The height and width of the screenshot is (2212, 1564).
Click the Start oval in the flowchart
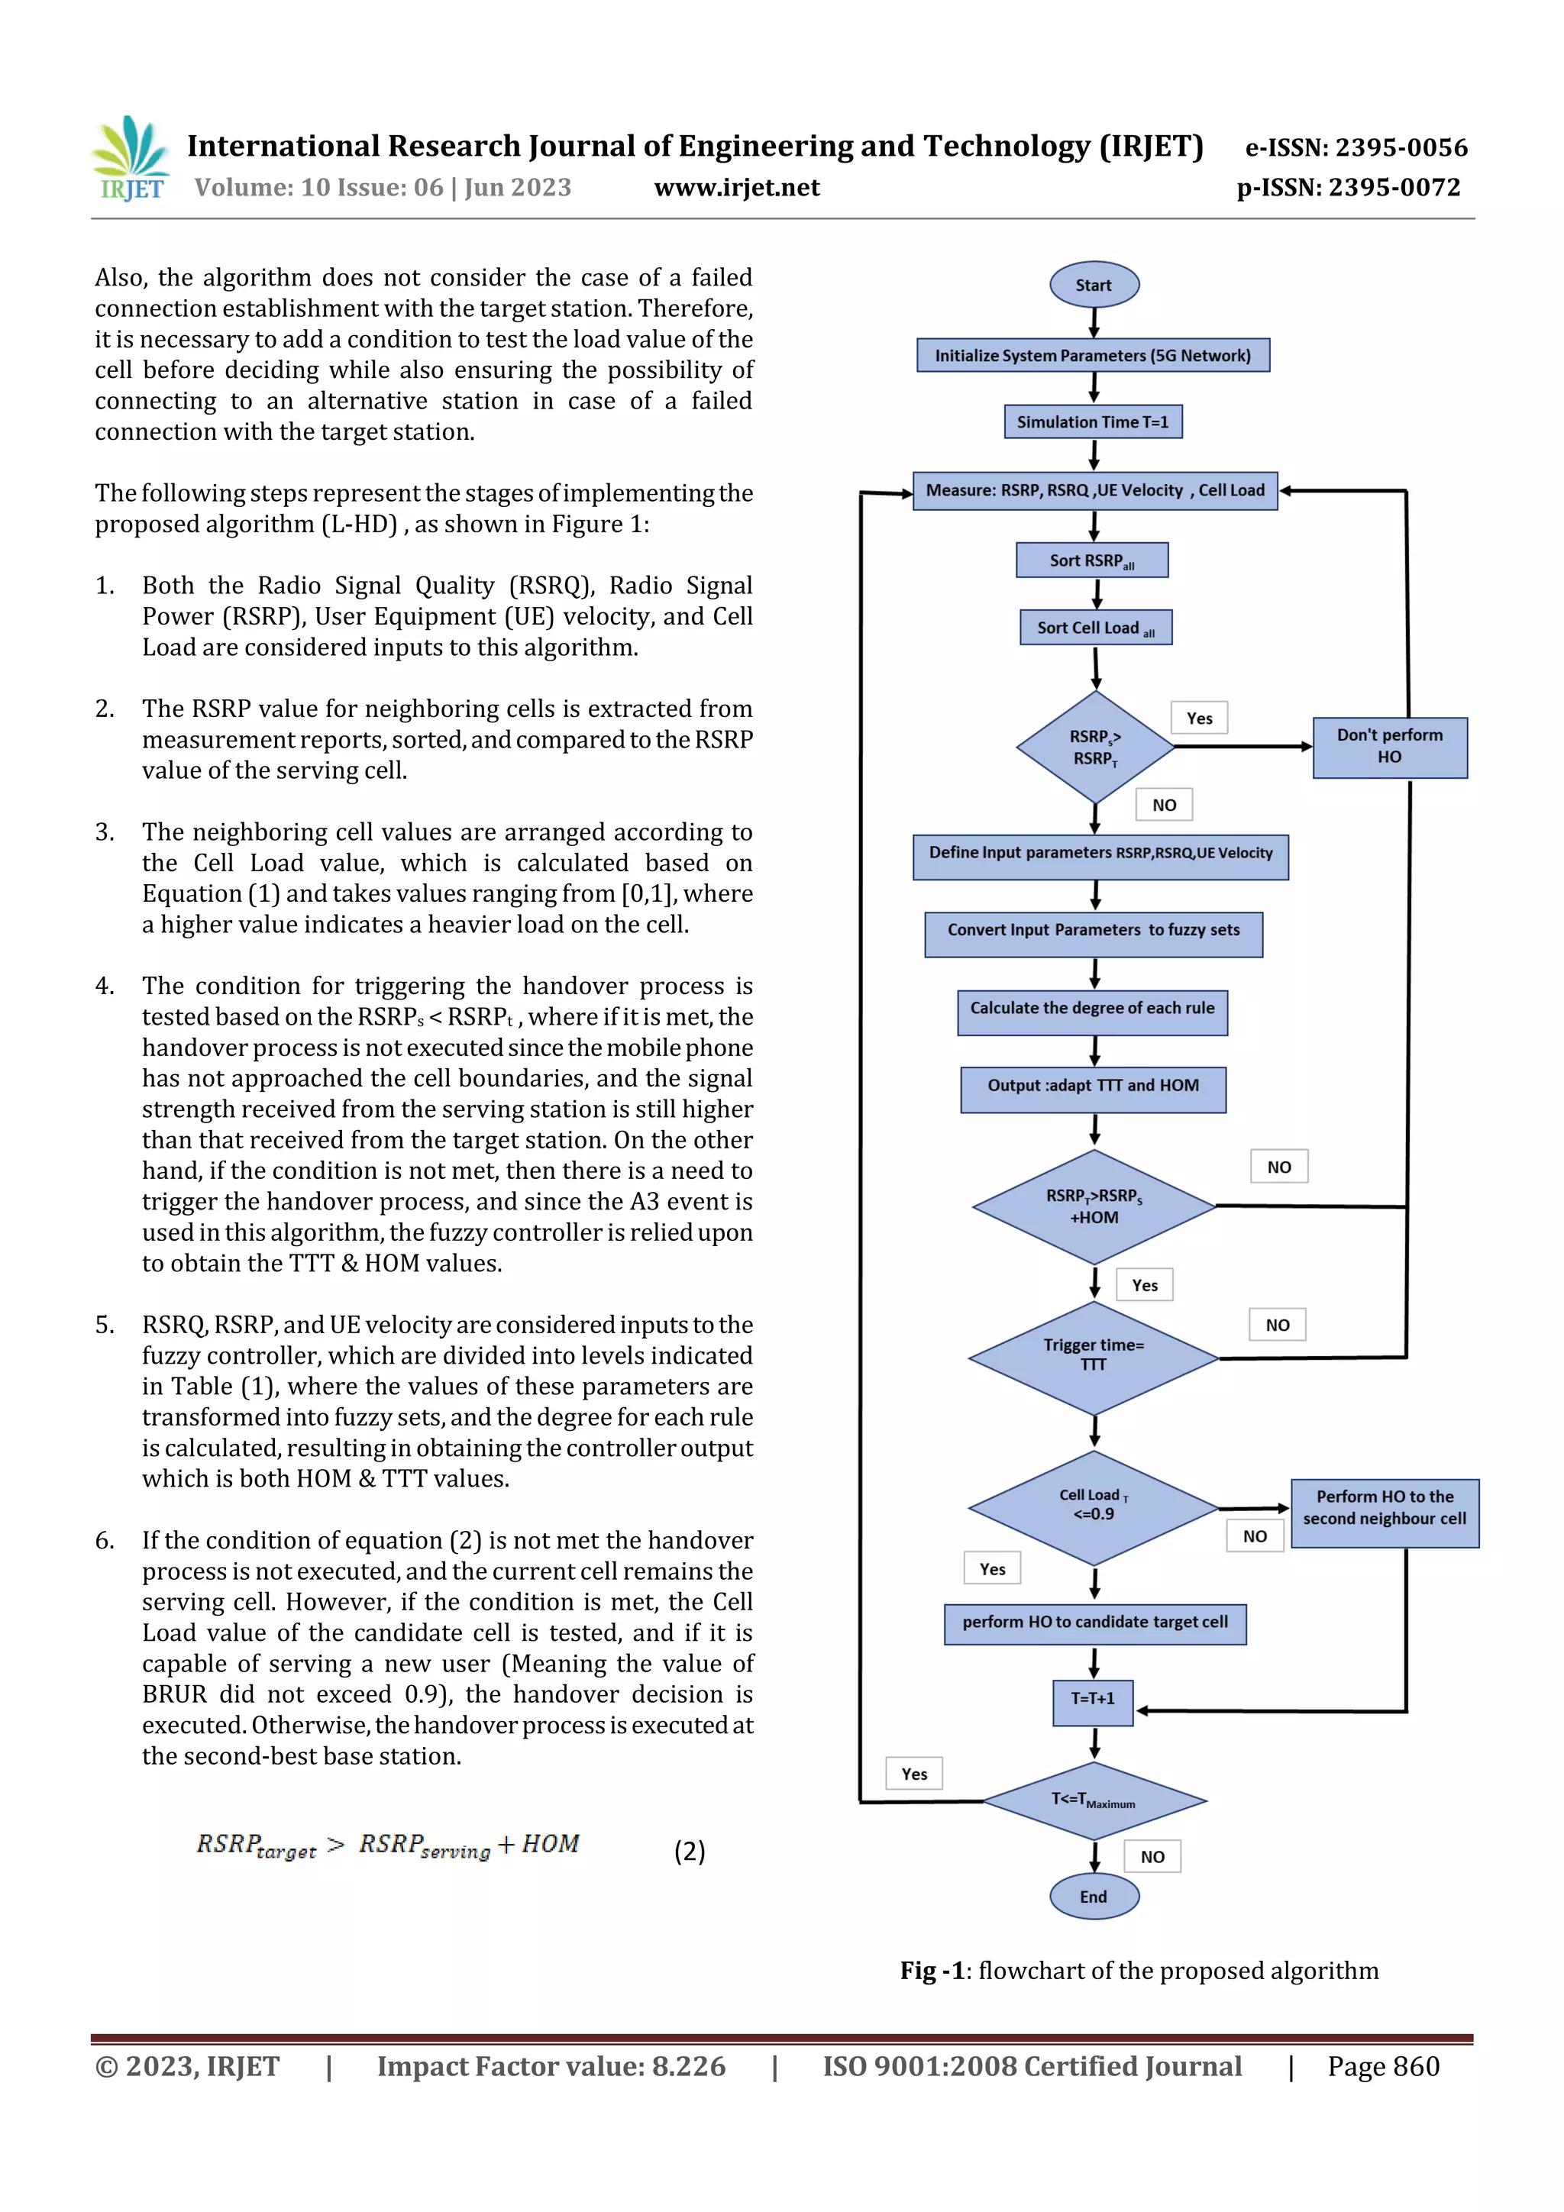[x=1094, y=284]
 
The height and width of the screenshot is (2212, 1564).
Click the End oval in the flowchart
[x=1094, y=1896]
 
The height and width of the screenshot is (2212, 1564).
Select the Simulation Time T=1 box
[x=1093, y=422]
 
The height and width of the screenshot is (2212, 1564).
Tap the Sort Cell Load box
[x=1096, y=627]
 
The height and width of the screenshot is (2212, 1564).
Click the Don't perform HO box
[x=1388, y=747]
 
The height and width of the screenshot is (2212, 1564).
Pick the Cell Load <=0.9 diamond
[x=1094, y=1506]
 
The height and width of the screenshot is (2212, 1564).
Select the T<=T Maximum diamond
[x=1094, y=1800]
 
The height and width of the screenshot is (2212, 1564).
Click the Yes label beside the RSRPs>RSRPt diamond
[x=1199, y=718]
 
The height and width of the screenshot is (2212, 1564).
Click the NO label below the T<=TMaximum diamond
[x=1152, y=1856]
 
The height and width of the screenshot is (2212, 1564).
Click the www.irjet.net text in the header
[x=736, y=187]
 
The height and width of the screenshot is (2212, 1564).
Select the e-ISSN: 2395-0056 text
[x=1356, y=147]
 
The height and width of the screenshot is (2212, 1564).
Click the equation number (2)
[x=689, y=1851]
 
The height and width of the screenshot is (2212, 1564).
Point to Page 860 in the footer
[x=1383, y=2065]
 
